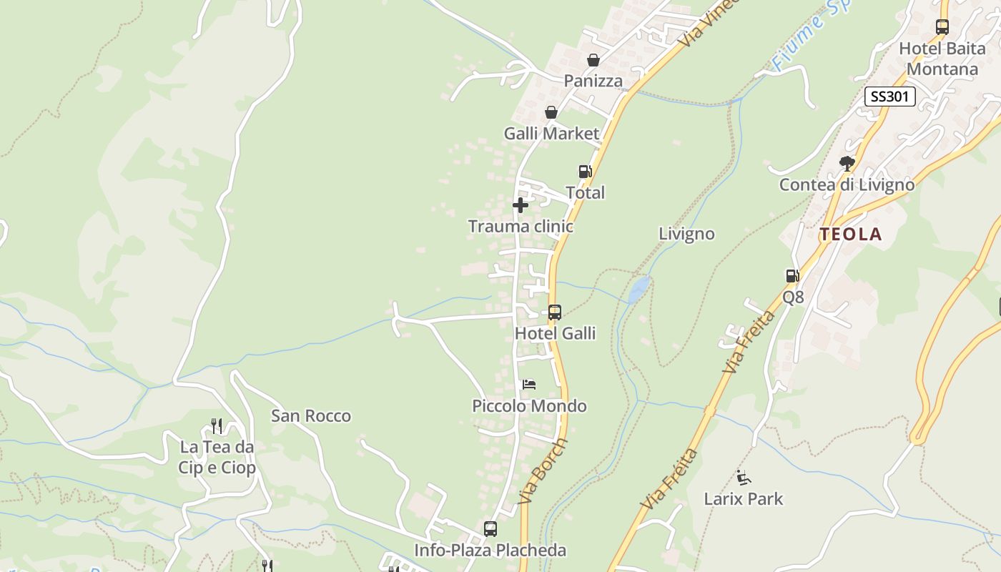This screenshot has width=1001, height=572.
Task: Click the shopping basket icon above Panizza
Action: [x=593, y=60]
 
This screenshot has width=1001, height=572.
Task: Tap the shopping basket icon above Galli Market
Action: [x=551, y=112]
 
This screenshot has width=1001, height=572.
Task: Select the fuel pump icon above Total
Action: [x=585, y=172]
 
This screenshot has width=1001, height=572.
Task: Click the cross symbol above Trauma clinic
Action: [x=521, y=205]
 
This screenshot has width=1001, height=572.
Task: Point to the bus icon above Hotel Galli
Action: [x=555, y=312]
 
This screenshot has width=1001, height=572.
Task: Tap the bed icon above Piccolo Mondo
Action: [x=529, y=385]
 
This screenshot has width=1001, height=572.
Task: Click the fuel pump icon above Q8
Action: [x=792, y=276]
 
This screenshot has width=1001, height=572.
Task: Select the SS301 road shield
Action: [x=889, y=97]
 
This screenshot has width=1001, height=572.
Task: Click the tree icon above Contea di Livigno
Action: [x=847, y=164]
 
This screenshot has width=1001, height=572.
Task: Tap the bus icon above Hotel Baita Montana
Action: [x=942, y=27]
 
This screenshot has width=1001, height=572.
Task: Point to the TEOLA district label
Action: [x=851, y=234]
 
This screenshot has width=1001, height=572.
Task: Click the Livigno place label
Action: [x=686, y=234]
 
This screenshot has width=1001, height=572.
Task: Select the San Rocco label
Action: [x=311, y=415]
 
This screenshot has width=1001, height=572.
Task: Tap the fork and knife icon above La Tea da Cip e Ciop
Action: [x=217, y=426]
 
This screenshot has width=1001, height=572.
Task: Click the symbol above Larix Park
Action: [x=744, y=477]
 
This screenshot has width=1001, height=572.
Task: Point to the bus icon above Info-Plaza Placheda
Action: [x=490, y=529]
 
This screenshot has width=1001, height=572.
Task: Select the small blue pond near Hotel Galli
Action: [x=638, y=288]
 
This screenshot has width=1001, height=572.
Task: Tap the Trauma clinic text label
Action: [x=521, y=227]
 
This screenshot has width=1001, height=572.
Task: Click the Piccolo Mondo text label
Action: [x=529, y=406]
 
